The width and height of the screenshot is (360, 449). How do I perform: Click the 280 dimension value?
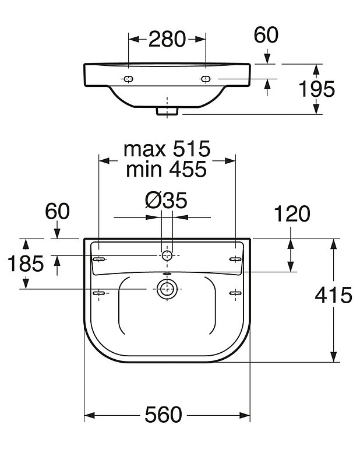[167, 39]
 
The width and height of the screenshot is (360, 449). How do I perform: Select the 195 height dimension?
[316, 89]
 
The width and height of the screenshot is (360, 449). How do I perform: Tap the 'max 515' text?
[167, 149]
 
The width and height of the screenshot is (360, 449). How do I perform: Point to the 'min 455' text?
[166, 169]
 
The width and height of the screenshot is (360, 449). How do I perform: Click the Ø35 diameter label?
[166, 200]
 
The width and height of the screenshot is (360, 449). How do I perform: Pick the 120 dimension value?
[292, 213]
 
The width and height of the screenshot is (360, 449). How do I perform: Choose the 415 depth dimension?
[333, 295]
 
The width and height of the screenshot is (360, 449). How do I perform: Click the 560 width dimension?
[164, 415]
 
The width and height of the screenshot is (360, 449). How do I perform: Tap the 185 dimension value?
[26, 264]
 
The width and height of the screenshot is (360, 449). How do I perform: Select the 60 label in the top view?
[266, 35]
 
